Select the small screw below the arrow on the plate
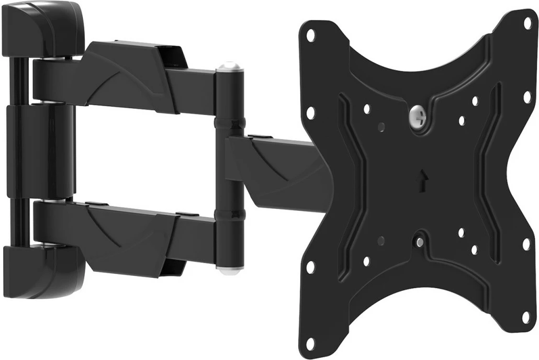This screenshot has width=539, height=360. tap(419, 241)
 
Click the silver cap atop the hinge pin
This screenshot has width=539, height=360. tap(228, 69)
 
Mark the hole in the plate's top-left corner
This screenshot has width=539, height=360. tap(311, 36)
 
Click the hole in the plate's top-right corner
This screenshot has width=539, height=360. tap(527, 23)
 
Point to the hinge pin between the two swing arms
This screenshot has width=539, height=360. tap(229, 167)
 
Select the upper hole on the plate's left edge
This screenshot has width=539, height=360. tap(311, 111)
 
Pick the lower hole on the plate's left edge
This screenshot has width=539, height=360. tap(310, 266)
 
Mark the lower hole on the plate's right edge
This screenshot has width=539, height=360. tap(526, 243)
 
